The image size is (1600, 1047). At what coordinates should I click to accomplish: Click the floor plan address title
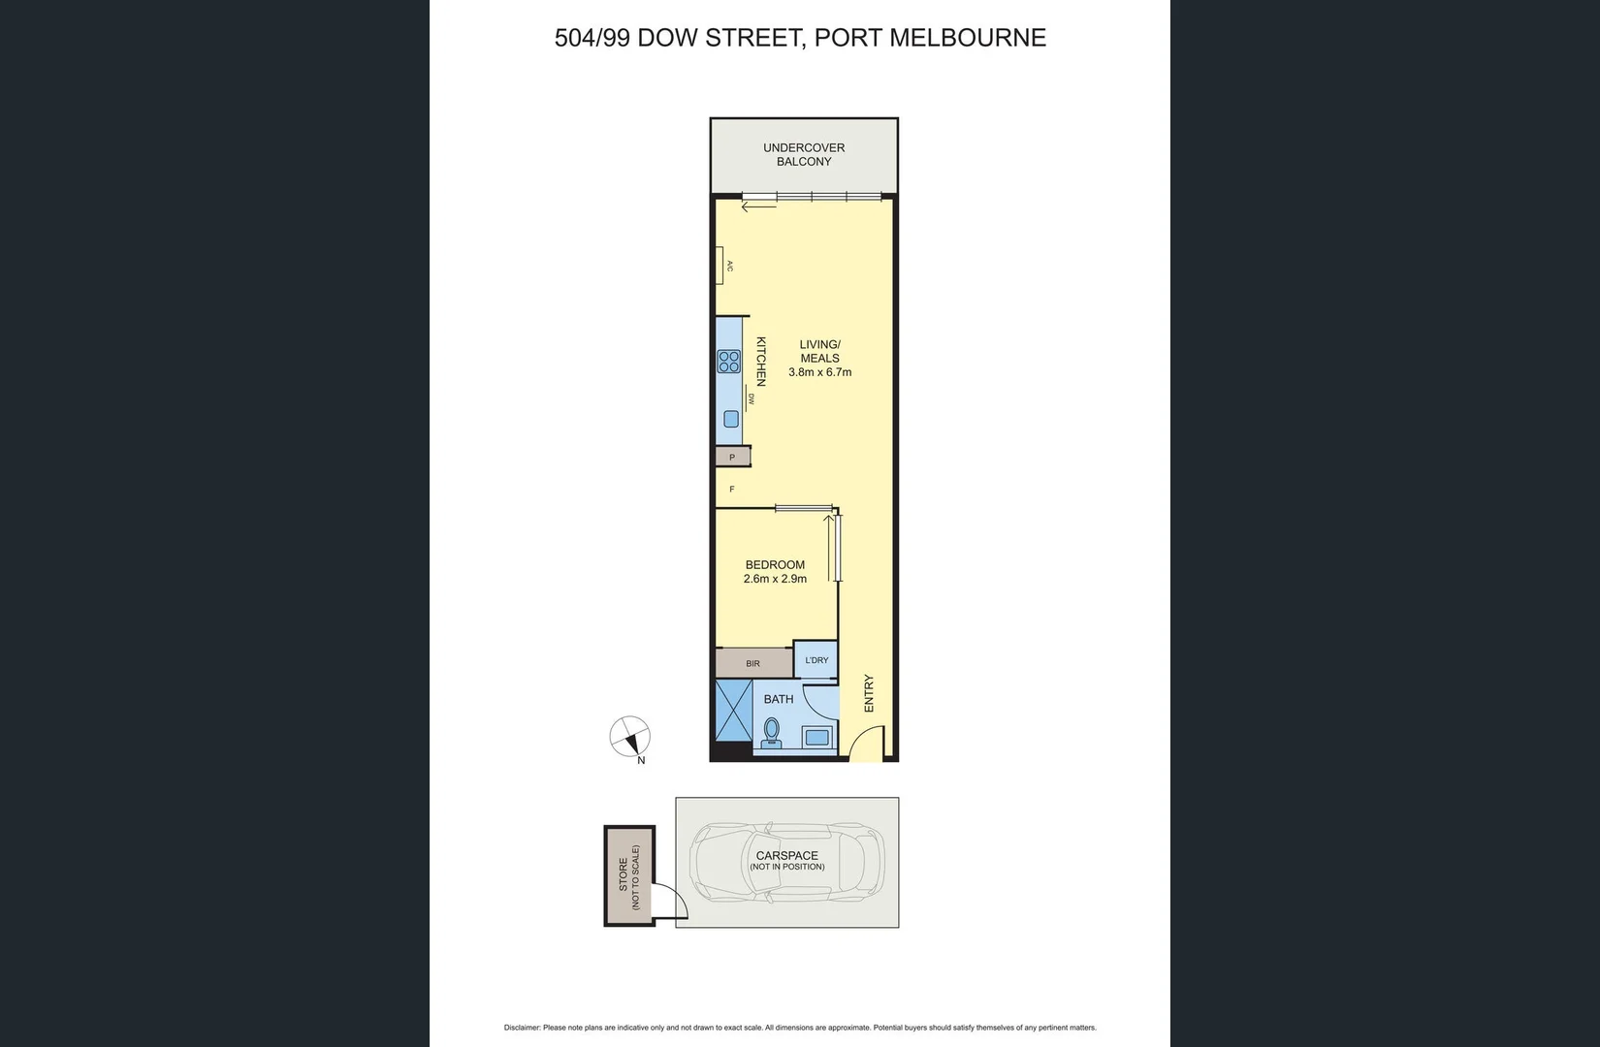coord(800,38)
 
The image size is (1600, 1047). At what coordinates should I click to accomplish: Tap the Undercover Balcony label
coord(804,155)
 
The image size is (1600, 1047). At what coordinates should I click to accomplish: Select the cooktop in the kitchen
coord(728,362)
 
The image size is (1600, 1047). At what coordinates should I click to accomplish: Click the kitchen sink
coord(731,419)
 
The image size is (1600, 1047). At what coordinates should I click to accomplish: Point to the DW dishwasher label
coord(751,398)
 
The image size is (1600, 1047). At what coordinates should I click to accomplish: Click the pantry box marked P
coord(732,457)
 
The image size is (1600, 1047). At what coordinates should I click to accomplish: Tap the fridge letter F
coord(732,490)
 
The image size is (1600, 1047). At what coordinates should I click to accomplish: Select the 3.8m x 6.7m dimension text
coord(819,372)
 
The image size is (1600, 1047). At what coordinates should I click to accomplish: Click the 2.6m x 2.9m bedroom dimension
coord(775,579)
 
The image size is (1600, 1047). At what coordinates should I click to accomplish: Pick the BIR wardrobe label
coord(753,663)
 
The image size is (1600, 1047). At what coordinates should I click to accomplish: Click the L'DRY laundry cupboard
coord(816,660)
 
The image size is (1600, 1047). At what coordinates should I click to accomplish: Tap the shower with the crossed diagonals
coord(734,717)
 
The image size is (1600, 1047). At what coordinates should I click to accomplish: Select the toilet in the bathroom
coord(772,733)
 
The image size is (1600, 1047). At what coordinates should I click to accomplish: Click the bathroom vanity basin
coord(817,737)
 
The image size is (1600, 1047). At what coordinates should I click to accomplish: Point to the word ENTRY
coord(869,694)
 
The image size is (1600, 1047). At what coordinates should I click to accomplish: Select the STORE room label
coord(624,875)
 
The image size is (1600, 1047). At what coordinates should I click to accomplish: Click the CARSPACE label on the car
coord(786,856)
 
